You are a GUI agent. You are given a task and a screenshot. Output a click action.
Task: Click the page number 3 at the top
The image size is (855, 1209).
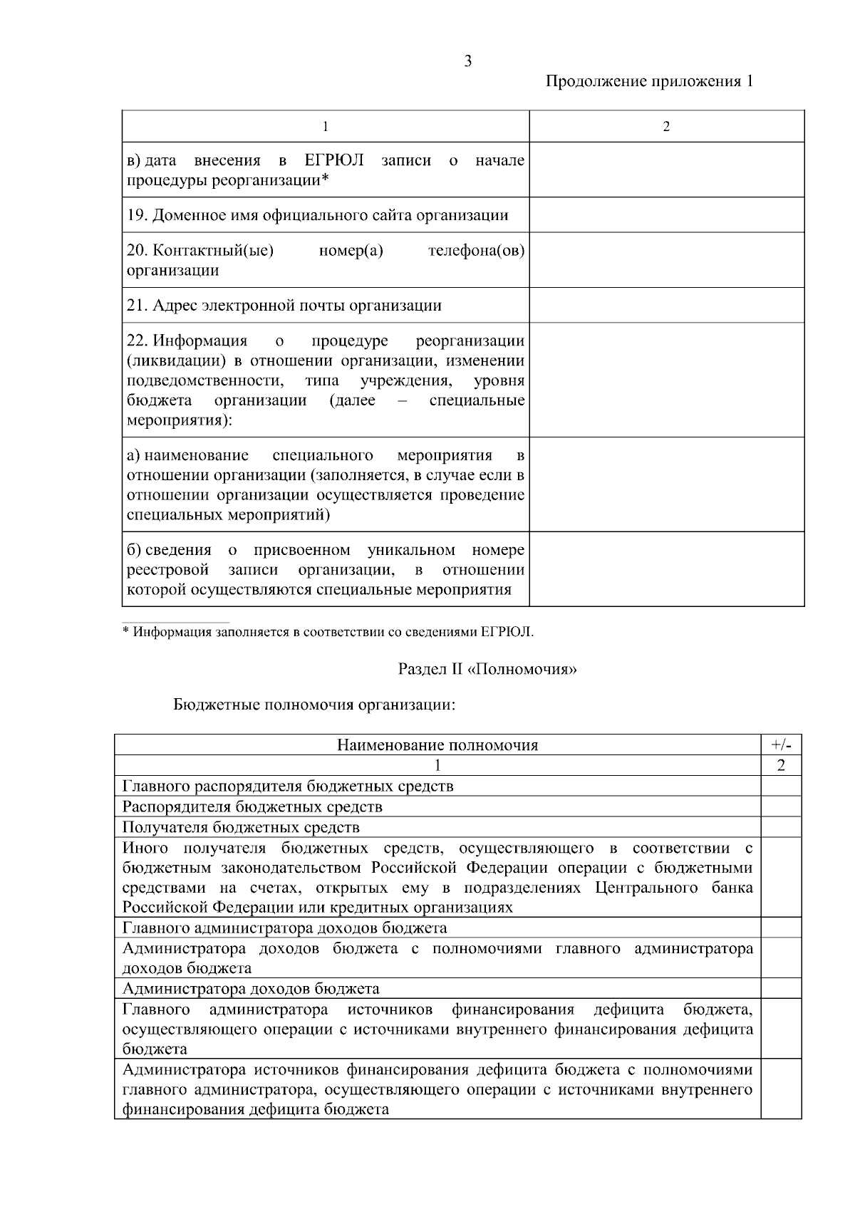tap(467, 61)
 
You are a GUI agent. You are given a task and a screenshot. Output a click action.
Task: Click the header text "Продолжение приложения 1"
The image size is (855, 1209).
tap(649, 81)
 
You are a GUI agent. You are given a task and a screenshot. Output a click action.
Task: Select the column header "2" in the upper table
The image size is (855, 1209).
tap(666, 127)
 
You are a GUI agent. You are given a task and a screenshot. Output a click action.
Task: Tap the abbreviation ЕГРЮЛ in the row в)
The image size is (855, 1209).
tap(334, 160)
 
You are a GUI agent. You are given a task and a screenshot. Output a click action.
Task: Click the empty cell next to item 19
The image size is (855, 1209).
tap(666, 215)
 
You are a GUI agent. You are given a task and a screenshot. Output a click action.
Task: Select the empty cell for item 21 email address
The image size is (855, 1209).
tap(666, 306)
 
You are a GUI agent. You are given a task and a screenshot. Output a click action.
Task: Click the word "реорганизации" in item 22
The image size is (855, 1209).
tap(470, 341)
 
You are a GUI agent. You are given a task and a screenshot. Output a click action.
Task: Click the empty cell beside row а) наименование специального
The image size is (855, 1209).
tap(666, 484)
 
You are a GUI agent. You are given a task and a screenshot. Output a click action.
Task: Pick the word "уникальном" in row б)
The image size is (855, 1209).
tap(411, 550)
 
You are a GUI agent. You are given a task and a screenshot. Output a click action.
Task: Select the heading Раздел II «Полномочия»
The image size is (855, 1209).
tap(487, 670)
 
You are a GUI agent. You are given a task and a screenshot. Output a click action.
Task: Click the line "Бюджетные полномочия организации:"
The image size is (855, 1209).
tap(314, 705)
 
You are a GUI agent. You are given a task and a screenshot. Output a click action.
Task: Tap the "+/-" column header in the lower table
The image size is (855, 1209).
tap(781, 745)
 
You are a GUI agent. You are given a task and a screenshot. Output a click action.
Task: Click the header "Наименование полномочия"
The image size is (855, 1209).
tap(437, 745)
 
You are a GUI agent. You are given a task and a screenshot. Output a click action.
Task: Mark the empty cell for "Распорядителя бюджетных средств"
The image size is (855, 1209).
tap(781, 806)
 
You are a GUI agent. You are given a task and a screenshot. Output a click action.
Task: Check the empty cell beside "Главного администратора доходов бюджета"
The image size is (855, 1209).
tap(781, 928)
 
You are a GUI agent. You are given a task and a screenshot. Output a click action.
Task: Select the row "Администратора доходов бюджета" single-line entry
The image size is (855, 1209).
tap(251, 989)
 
